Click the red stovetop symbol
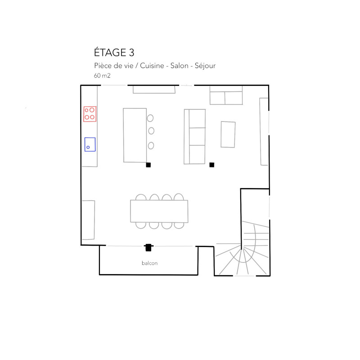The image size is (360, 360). pos(90,114)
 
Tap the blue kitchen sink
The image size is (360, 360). pos(90,144)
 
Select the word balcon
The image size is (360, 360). pos(150,263)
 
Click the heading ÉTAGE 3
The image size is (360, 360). pos(114,52)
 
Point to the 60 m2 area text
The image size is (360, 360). pos(102,76)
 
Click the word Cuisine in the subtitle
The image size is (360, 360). pos(152,66)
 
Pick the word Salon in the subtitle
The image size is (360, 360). pos(179,66)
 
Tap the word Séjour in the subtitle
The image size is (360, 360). pos(205,66)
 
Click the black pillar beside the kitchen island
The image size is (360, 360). pos(148,165)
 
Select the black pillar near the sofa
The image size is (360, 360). pos(211,165)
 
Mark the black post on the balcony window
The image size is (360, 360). pos(148,247)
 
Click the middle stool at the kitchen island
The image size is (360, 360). pos(151,131)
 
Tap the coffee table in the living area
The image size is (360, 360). pos(228,134)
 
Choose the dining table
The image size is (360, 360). pos(159,211)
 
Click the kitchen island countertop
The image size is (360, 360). pos(135,135)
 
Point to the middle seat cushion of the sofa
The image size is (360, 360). pos(197,136)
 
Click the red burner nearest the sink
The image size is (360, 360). pos(87,117)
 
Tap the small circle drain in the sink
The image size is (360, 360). pos(88,148)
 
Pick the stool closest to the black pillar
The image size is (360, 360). pos(151,145)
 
